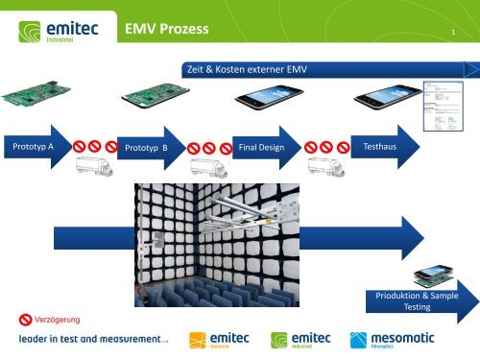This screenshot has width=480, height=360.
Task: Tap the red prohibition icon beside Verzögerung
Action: pos(24,318)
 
